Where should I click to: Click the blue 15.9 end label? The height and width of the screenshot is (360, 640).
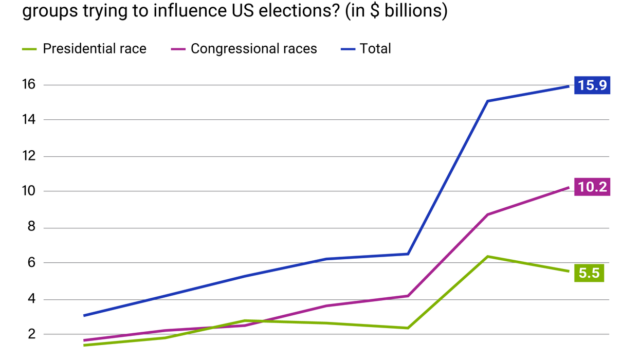coord(592,85)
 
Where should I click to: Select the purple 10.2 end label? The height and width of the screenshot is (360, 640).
coord(592,187)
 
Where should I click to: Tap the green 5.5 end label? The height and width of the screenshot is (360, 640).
coord(589,273)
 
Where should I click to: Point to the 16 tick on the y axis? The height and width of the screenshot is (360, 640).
coord(29,84)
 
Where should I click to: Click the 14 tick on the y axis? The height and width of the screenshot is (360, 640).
coord(29,120)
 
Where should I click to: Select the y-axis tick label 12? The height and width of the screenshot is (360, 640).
coord(29,156)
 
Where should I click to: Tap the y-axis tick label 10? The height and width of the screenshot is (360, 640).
coord(29,191)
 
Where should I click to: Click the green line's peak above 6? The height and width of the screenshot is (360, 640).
coord(487,256)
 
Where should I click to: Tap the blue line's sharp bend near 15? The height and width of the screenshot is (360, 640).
coord(487,101)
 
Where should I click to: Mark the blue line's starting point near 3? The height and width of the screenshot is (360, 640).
coord(84,315)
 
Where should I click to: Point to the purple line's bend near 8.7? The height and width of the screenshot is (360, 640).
coord(487,214)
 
